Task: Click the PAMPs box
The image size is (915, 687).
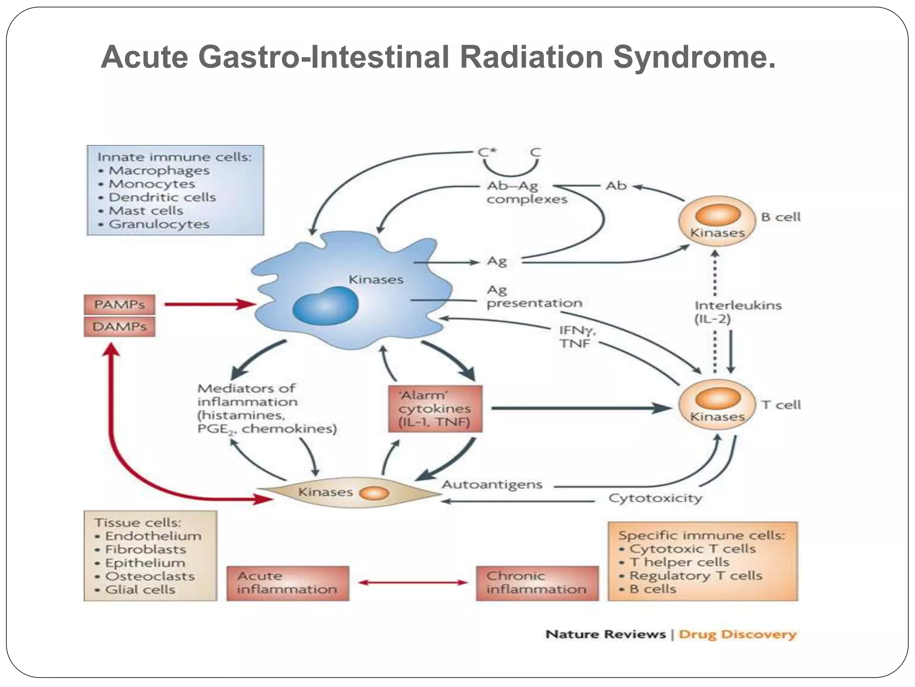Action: coord(119,305)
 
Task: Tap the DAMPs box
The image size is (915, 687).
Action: coord(119,327)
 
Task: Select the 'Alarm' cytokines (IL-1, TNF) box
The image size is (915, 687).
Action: coord(435,409)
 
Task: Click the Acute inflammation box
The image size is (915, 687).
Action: coord(288,583)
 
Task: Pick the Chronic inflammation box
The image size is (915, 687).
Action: coord(537,583)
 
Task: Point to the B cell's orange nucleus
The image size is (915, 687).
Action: coord(718,214)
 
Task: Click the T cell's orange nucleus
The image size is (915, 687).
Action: coord(718,398)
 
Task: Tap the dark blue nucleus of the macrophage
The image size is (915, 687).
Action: coord(326,306)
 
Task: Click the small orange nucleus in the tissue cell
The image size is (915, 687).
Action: coord(374,493)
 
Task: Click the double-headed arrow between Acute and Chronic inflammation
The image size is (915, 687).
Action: coord(413,582)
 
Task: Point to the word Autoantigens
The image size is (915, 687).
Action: coord(492,485)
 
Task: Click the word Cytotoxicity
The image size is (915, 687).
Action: coord(655,498)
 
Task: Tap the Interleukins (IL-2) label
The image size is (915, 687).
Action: coord(737,312)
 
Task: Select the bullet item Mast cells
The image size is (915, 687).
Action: coord(146,211)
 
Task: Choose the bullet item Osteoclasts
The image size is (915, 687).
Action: coord(150,576)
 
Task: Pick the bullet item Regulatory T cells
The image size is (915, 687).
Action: coord(695,576)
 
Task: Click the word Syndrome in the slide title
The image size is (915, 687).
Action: coord(694,57)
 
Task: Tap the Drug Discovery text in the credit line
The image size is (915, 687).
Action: coord(737,635)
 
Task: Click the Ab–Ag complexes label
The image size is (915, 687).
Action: coord(526,192)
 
